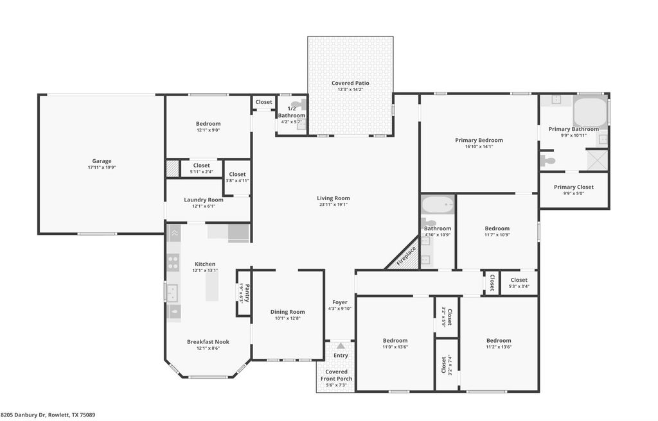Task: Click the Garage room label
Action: point(102,161)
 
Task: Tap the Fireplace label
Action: point(406,255)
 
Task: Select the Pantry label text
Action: point(247,293)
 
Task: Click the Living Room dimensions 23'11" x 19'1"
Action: point(333,205)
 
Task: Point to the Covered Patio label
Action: point(350,83)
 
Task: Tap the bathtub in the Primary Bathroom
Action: point(590,112)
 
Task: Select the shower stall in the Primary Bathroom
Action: point(597,160)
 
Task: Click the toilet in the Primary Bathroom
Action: point(547,160)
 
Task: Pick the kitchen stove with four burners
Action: point(173,262)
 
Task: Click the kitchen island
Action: point(212,286)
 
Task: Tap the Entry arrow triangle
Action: point(341,346)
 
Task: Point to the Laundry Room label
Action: point(204,200)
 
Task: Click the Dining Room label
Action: point(287,312)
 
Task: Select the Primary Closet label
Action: point(574,187)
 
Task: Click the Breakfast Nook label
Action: point(208,342)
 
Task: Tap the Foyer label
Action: point(340,302)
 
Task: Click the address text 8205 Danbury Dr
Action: point(24,415)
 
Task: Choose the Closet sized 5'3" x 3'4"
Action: point(519,282)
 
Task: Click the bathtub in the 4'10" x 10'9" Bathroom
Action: point(438,205)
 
